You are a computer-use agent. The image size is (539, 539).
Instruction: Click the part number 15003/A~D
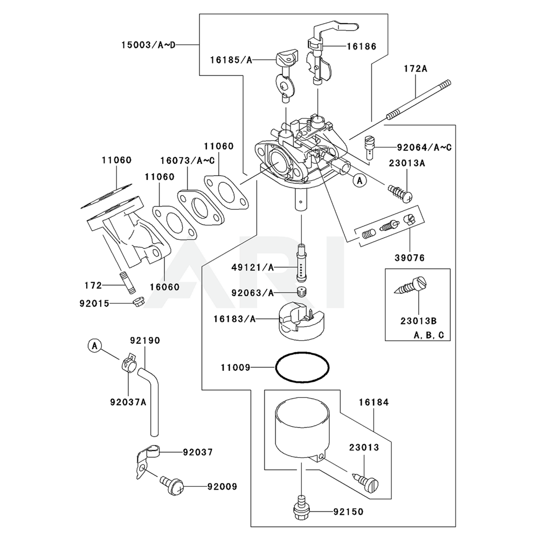click(148, 45)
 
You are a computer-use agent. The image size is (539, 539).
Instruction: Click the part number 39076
click(409, 258)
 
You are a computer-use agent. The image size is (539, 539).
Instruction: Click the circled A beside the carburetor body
click(360, 181)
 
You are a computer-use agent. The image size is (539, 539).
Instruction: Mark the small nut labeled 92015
click(139, 302)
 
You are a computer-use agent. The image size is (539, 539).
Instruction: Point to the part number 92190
click(145, 341)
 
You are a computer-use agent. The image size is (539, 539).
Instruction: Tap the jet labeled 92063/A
click(302, 293)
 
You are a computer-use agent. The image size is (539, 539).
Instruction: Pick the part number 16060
click(164, 286)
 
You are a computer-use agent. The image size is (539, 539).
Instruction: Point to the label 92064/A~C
click(423, 147)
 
